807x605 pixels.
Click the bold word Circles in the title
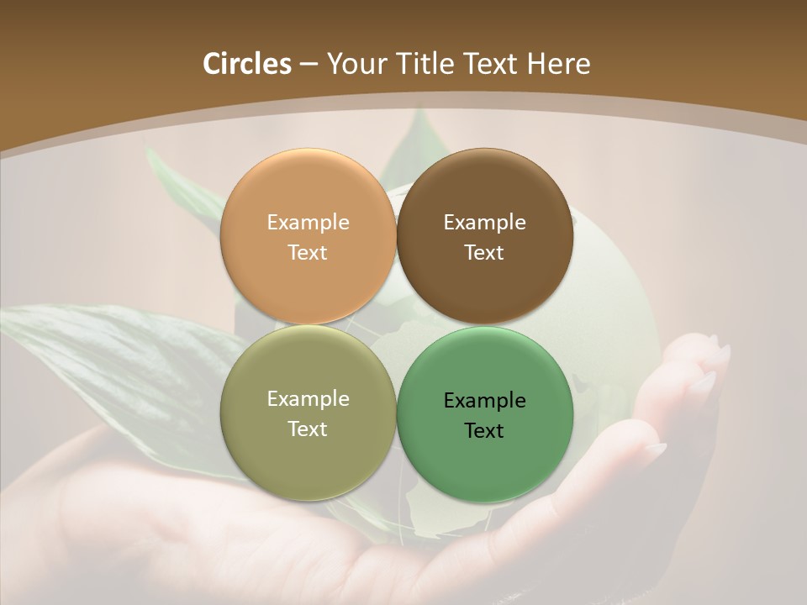coord(247,64)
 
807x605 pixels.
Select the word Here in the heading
coord(560,64)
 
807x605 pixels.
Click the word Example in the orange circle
coord(308,223)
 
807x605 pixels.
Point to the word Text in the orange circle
coord(308,252)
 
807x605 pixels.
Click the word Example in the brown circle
coord(484,223)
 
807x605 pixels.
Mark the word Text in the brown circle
coord(484,252)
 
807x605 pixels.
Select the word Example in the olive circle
coord(308,399)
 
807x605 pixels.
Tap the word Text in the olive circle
coord(308,429)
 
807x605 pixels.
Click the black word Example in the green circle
coord(484,401)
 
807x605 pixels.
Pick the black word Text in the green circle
coord(484,430)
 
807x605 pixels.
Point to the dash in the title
coord(309,65)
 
